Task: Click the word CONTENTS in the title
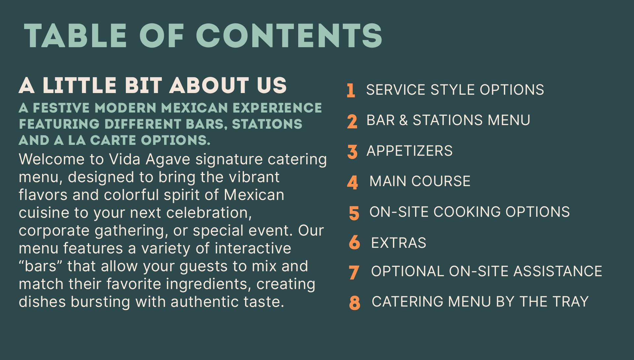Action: tap(289, 36)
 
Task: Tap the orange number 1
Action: tap(351, 90)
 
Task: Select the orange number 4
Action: tap(352, 182)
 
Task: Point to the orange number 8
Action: tap(354, 303)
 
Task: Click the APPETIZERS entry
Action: tap(409, 151)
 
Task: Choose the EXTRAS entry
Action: tap(399, 243)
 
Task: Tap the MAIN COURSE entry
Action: tap(420, 181)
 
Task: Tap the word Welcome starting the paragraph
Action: tap(52, 159)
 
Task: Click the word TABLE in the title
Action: tap(75, 36)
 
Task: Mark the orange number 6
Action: tap(354, 243)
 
